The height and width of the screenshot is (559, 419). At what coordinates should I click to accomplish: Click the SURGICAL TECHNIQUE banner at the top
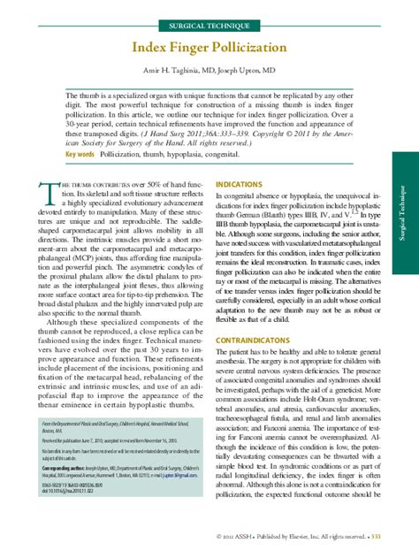(209, 19)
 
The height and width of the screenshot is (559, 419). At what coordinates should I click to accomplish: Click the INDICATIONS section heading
(240, 185)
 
